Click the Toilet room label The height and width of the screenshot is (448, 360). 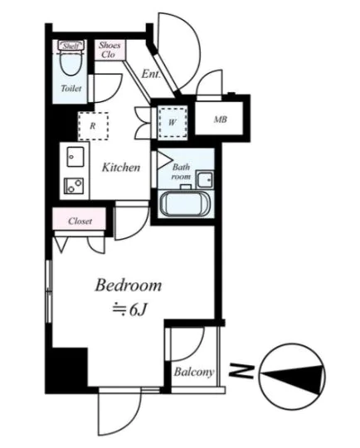click(71, 88)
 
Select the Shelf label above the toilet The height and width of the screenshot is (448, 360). click(71, 46)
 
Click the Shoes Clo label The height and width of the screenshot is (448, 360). click(109, 50)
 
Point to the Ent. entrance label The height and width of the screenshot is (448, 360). click(151, 74)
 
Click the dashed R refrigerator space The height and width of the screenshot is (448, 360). click(93, 126)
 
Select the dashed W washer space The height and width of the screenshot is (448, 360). click(173, 123)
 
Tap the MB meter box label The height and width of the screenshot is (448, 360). click(221, 119)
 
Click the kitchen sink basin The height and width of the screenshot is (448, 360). click(75, 157)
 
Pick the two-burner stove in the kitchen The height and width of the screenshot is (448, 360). click(74, 186)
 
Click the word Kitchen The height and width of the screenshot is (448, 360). click(121, 168)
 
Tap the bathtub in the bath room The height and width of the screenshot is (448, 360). click(185, 203)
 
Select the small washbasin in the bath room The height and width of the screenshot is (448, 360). click(205, 179)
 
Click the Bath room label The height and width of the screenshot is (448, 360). click(181, 172)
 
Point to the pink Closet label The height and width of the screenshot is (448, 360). click(80, 222)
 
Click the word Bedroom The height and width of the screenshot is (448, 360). click(129, 285)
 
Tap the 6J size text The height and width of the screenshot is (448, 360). click(139, 309)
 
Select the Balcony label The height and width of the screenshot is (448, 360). click(194, 372)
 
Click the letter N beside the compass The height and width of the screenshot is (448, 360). click(241, 371)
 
